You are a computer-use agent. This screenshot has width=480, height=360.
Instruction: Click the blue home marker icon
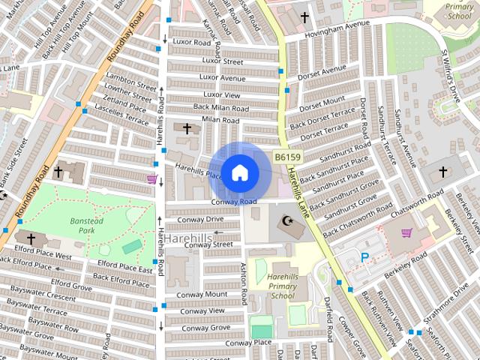[240, 172]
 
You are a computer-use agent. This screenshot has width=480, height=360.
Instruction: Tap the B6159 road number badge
[286, 157]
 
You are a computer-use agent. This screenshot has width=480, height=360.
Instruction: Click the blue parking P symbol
[365, 257]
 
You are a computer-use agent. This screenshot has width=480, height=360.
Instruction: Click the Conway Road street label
[233, 202]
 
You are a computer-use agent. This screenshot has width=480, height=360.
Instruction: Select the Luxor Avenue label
[222, 78]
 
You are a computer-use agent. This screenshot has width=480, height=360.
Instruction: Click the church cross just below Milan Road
[187, 129]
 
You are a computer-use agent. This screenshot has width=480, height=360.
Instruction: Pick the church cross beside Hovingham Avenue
[304, 16]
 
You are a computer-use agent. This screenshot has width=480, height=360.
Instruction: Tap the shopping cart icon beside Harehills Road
[152, 179]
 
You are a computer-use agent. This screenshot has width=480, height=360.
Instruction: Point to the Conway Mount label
[202, 295]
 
